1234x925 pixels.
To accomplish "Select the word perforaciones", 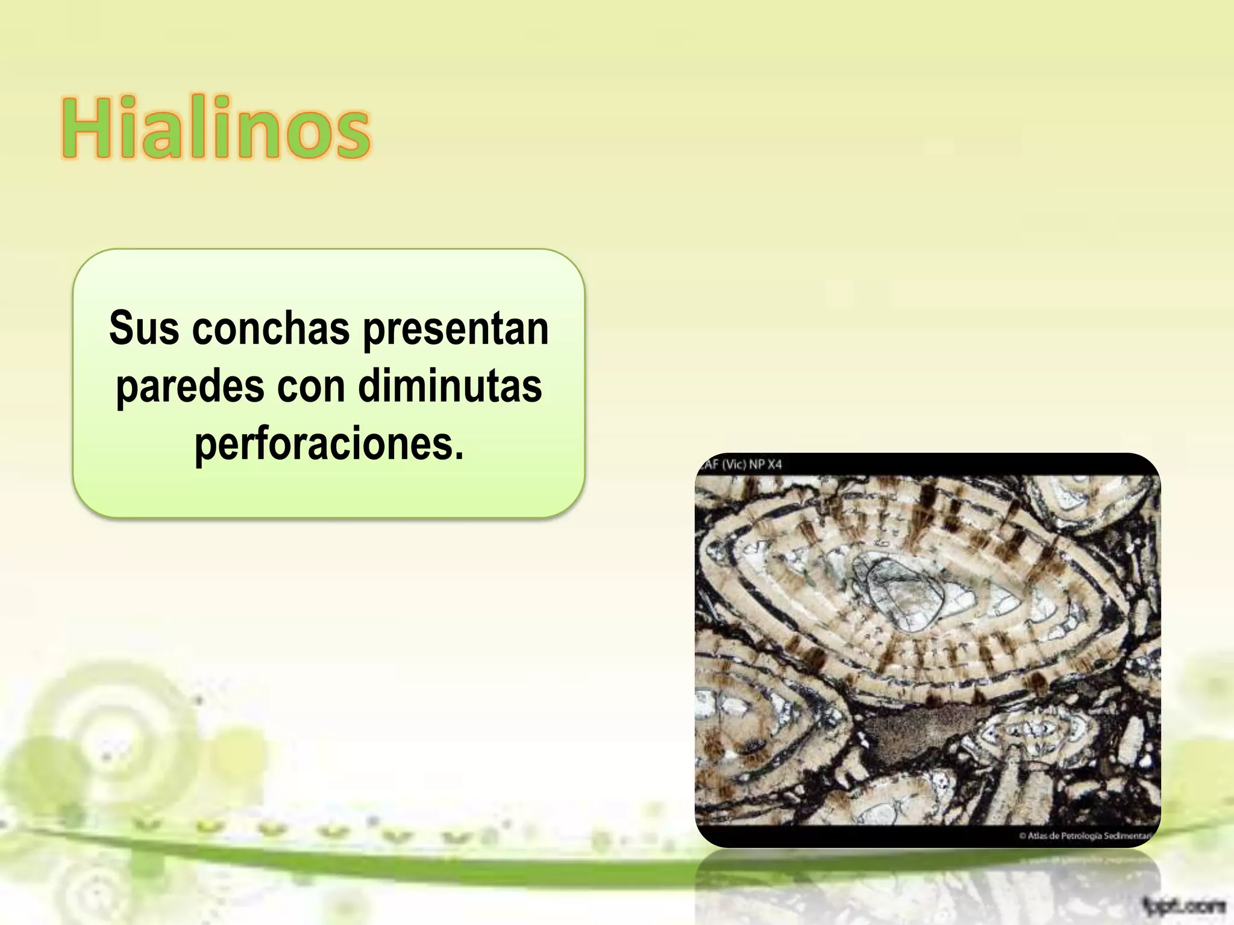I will click(x=329, y=444).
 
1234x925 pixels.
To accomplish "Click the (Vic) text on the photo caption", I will click(x=734, y=465).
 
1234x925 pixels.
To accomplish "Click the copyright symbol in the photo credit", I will click(x=1023, y=835).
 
